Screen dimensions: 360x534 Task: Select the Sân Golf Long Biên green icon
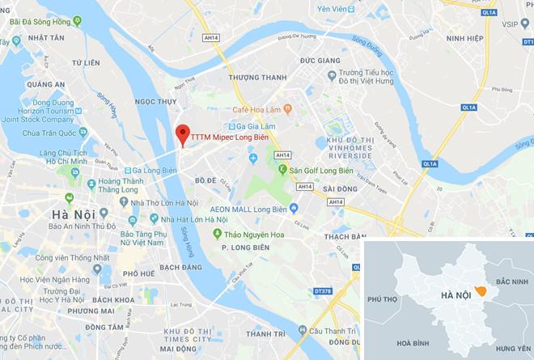coord(283,171)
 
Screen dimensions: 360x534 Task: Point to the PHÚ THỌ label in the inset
coord(384,299)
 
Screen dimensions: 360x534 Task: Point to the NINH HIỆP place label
coord(487,36)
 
